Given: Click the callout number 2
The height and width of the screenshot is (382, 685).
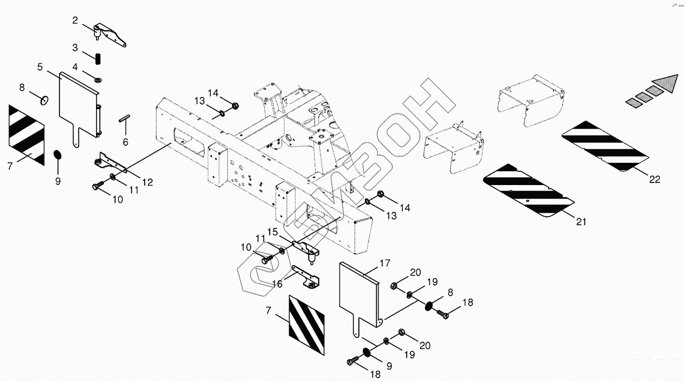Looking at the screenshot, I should [x=75, y=20].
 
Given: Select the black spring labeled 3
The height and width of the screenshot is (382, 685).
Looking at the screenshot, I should [x=98, y=57].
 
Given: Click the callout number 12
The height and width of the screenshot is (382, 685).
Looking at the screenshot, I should [x=147, y=182].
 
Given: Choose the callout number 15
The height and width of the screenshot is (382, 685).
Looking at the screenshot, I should [x=273, y=232].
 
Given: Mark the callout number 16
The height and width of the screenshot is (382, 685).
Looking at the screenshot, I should [x=277, y=284].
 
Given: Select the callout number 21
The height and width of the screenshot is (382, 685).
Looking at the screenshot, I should [x=581, y=222].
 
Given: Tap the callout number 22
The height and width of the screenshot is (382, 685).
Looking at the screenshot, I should [x=654, y=180].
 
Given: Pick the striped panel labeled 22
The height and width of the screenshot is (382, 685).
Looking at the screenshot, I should [x=605, y=145].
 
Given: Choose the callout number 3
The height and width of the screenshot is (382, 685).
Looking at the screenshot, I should [x=75, y=48].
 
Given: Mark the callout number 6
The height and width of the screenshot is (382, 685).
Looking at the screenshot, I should [x=125, y=142].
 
